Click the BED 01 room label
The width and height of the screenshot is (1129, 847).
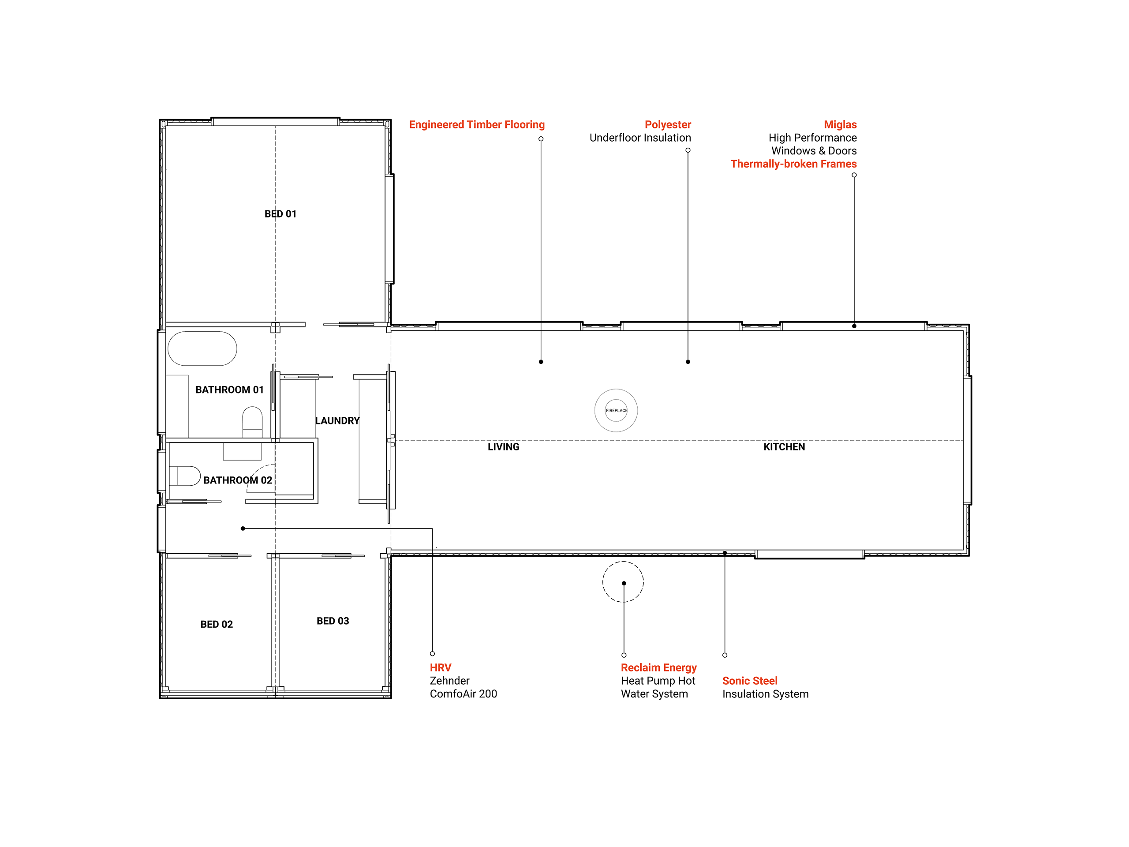point(280,214)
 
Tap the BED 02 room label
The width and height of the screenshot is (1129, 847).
point(217,624)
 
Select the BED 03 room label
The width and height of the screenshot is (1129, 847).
point(333,621)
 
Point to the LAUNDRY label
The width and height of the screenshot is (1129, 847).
point(337,421)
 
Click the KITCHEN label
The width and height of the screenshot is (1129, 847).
point(784,447)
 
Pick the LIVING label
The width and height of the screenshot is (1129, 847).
point(503,447)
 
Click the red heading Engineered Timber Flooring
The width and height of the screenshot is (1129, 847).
point(477,124)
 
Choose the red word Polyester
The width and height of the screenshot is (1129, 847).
point(668,124)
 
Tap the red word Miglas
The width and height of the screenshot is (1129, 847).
point(840,124)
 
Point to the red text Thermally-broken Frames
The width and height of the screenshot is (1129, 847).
point(794,164)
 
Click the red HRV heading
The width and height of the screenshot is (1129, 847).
point(441,667)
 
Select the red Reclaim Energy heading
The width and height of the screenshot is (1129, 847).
point(658,667)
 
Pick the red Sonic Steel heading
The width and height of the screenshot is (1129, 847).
point(750,681)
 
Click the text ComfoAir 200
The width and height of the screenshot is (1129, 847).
point(464,694)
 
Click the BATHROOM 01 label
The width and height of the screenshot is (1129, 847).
point(230,390)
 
